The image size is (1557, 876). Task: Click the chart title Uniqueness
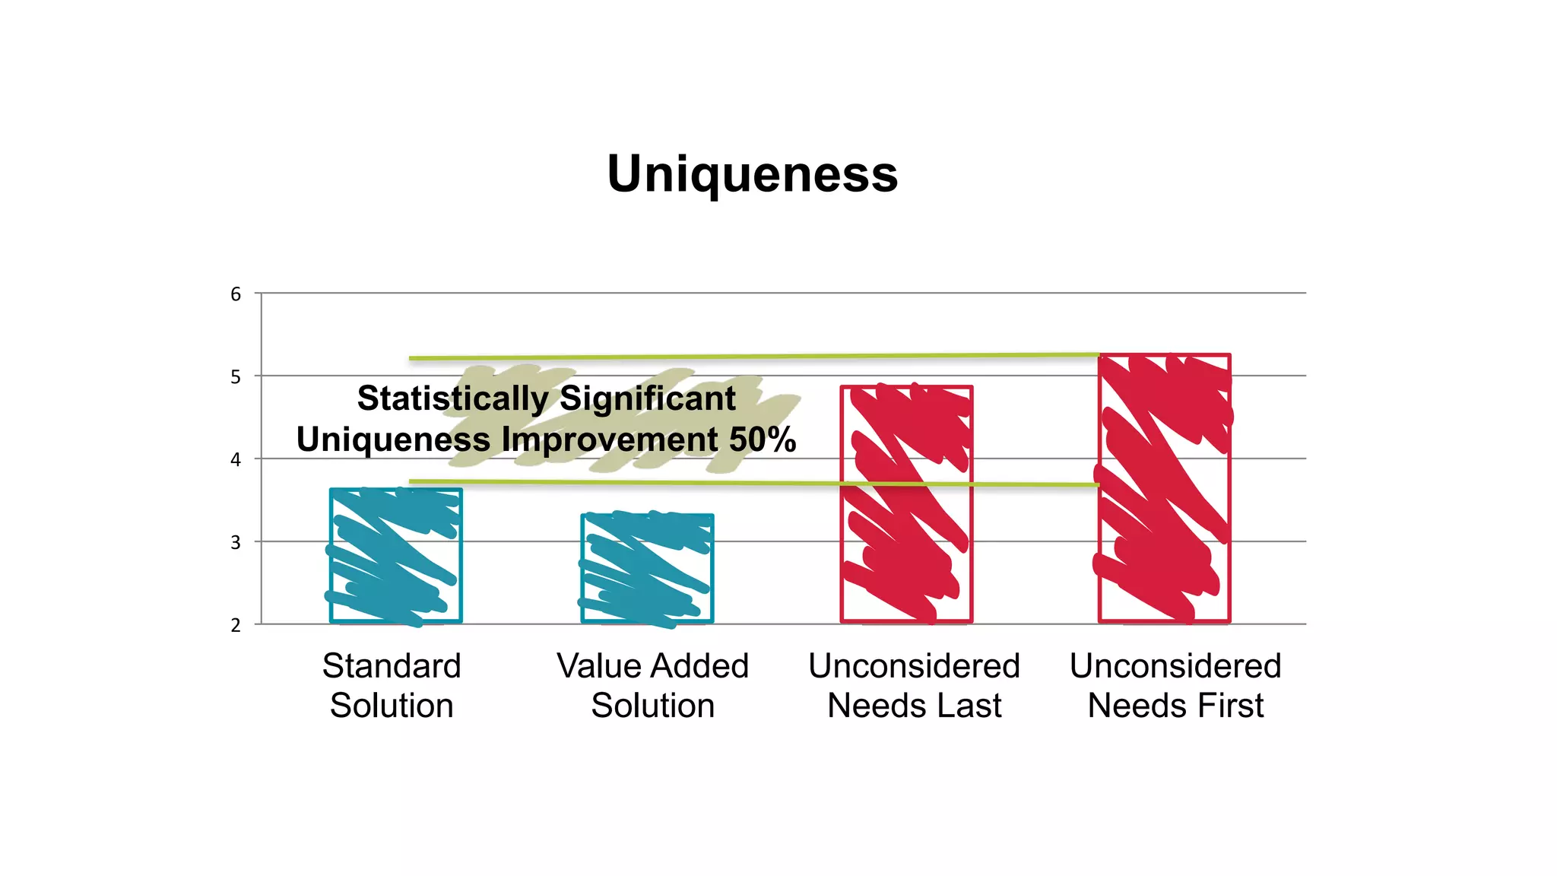[x=752, y=174]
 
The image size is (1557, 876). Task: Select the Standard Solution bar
[x=396, y=556]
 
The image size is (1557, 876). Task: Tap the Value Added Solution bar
[x=647, y=569]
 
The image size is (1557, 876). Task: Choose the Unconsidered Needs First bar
[x=1164, y=488]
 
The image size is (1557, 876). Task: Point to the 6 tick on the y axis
[x=236, y=294]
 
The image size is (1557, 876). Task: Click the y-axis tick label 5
[x=236, y=377]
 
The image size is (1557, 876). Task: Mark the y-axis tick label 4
[x=236, y=460]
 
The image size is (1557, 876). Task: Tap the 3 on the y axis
[x=236, y=543]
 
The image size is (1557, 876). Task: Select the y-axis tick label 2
[x=236, y=625]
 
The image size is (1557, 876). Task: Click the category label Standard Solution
[x=392, y=685]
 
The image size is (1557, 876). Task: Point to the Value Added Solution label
[x=652, y=685]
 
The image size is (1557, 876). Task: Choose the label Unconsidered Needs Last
[x=914, y=685]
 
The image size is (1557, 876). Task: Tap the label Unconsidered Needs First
[x=1175, y=685]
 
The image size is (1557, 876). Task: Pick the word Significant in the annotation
[x=648, y=398]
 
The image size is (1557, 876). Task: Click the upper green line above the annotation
[x=753, y=356]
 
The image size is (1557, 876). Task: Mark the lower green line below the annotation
[x=753, y=483]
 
